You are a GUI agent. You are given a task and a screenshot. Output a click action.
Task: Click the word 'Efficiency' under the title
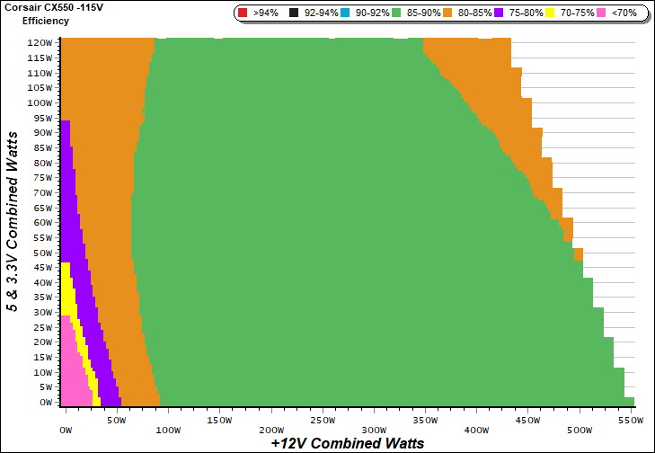pyautogui.click(x=46, y=20)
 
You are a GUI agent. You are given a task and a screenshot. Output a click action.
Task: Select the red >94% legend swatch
pyautogui.click(x=243, y=13)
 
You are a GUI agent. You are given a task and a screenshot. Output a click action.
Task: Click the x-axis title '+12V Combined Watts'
pyautogui.click(x=348, y=443)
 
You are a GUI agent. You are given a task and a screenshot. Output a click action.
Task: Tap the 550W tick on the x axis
pyautogui.click(x=632, y=420)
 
